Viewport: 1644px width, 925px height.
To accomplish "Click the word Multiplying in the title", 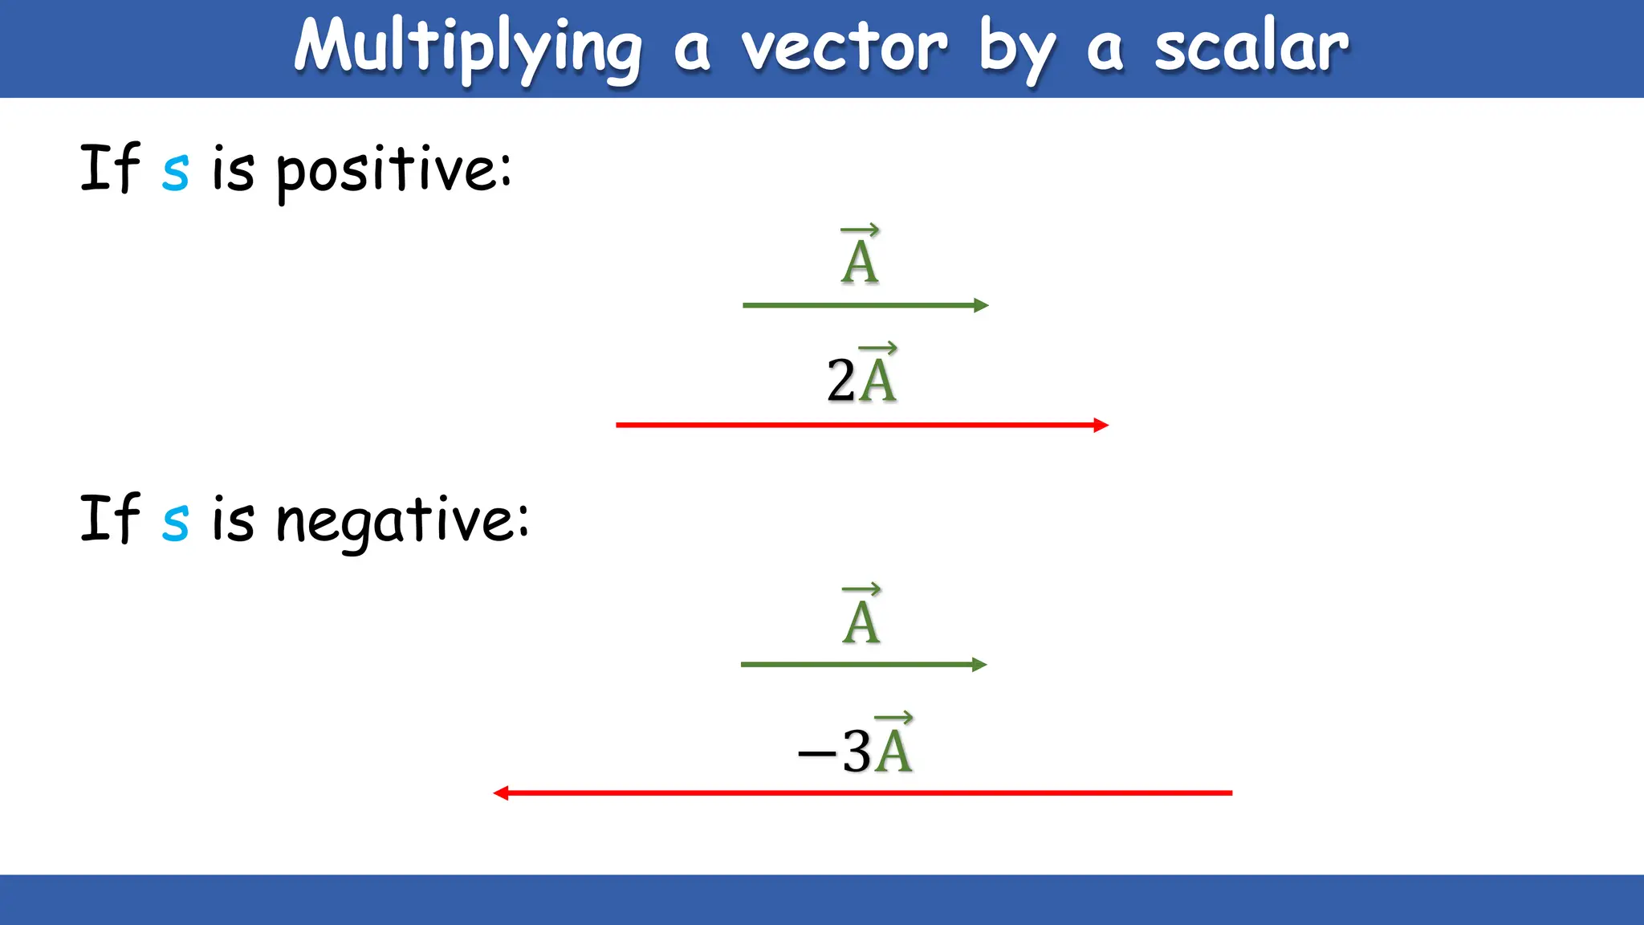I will [468, 48].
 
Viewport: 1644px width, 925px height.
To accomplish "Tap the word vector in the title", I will [844, 48].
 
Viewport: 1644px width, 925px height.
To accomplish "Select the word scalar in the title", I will [1251, 48].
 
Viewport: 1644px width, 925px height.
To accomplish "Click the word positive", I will [393, 170].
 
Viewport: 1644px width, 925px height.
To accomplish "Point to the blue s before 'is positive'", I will [175, 172].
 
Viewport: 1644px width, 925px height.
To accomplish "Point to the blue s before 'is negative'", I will [175, 522].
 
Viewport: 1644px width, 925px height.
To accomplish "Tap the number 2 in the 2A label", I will [840, 380].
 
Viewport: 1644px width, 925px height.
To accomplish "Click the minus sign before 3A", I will [816, 753].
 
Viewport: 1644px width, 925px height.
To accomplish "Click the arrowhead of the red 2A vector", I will [1101, 425].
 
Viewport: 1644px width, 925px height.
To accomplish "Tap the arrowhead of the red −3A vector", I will [501, 793].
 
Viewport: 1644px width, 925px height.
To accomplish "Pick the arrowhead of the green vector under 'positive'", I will [981, 305].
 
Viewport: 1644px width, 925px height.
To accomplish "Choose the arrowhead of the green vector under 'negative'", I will [979, 665].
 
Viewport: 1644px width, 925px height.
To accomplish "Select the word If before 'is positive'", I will [110, 169].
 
